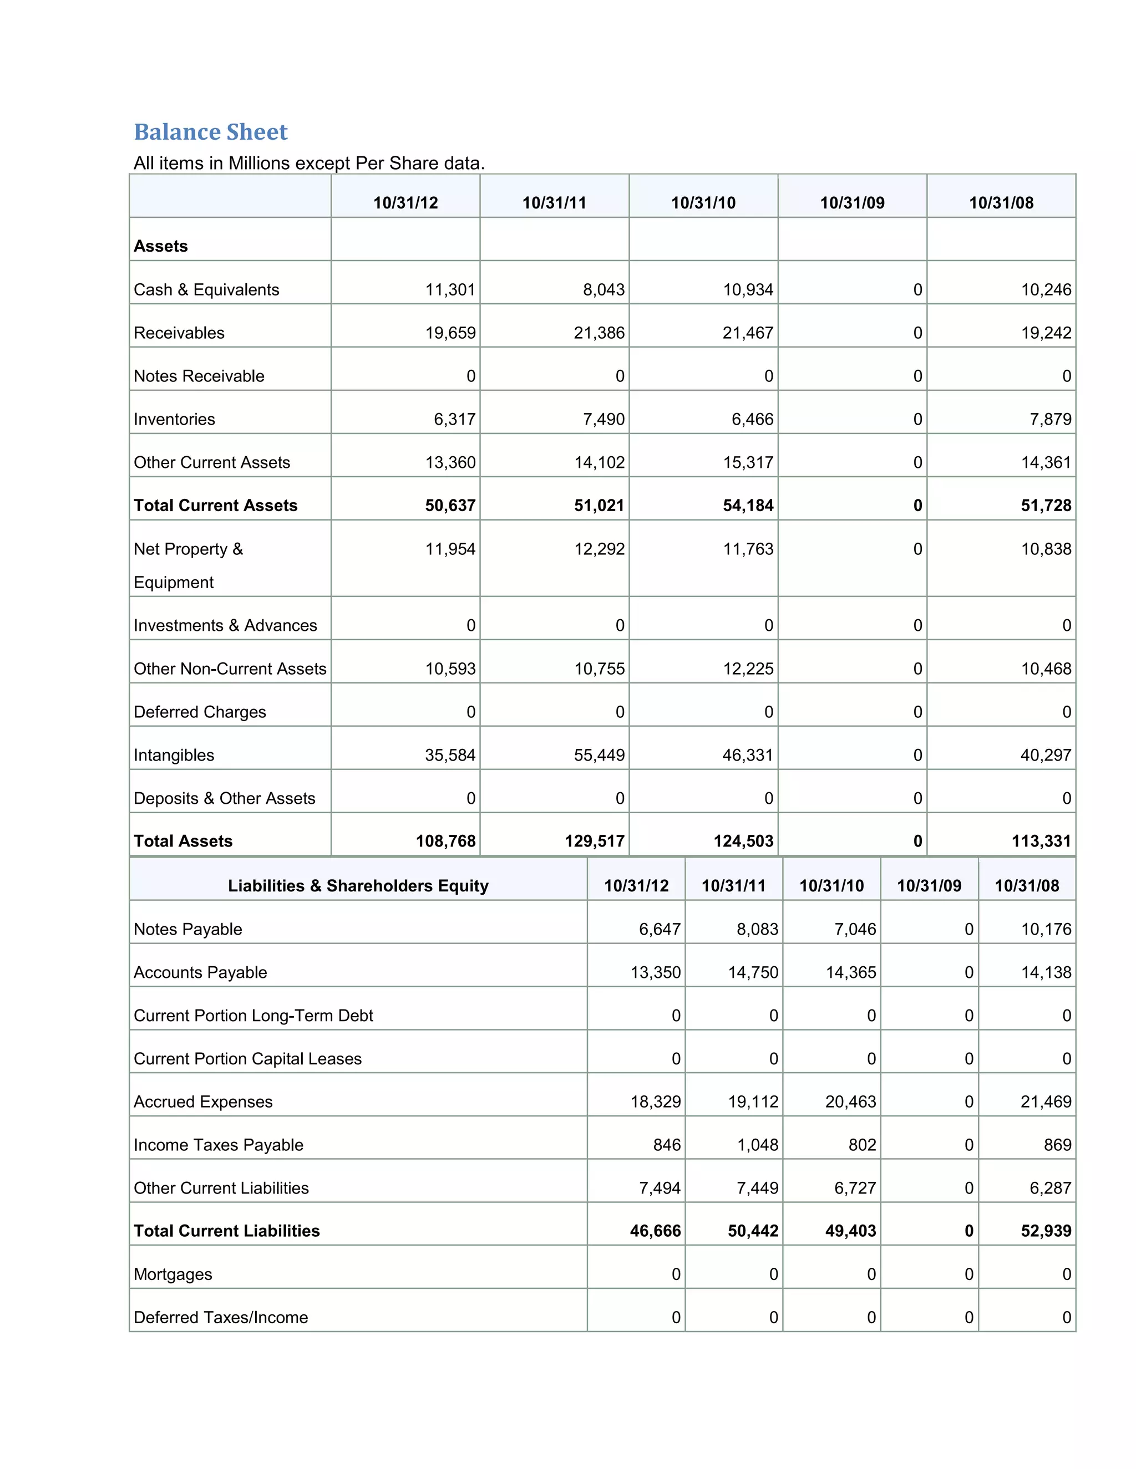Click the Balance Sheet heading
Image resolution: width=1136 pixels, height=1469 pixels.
pos(211,132)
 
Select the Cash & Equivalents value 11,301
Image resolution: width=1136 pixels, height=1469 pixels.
pos(450,290)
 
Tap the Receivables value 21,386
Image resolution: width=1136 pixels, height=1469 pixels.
pos(599,333)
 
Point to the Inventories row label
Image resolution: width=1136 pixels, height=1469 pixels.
pos(174,419)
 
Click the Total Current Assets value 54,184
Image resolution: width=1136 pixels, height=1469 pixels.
pos(748,505)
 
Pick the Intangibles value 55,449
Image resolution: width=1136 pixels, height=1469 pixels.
pos(599,756)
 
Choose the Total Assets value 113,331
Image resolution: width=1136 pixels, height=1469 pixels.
pos(1041,841)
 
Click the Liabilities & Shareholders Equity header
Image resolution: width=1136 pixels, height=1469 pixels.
pos(358,886)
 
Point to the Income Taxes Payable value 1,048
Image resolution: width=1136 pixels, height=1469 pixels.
pos(758,1145)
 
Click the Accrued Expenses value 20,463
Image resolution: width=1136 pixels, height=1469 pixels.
pos(851,1102)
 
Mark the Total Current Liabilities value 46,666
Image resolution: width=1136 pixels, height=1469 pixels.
pos(656,1231)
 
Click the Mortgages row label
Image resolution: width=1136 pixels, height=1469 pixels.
pos(173,1274)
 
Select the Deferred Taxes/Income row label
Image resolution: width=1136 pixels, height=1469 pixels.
pos(221,1318)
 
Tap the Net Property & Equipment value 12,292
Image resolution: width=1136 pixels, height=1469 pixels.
pos(599,549)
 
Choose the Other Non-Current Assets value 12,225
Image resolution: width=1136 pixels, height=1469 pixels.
pos(748,669)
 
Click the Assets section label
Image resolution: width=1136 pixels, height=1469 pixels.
pos(161,246)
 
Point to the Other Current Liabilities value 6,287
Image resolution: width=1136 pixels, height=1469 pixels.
pos(1050,1188)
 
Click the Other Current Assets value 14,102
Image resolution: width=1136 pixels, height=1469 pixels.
pos(599,462)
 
